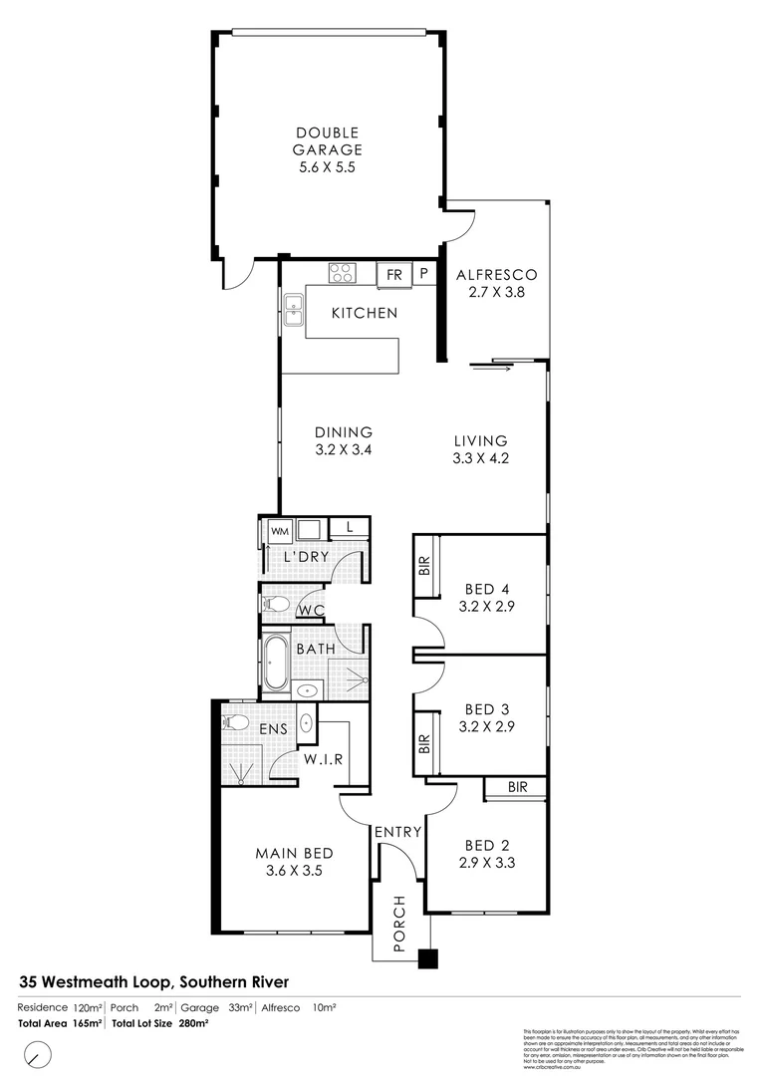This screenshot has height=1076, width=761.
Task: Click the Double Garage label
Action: pyautogui.click(x=327, y=150)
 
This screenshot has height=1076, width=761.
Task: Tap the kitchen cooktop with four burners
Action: pyautogui.click(x=342, y=273)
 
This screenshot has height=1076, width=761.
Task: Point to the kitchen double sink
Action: pyautogui.click(x=292, y=310)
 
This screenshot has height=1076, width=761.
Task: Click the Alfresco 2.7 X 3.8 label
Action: pyautogui.click(x=496, y=284)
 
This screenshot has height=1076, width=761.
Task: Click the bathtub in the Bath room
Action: pyautogui.click(x=276, y=664)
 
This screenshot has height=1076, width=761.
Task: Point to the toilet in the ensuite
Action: pyautogui.click(x=236, y=722)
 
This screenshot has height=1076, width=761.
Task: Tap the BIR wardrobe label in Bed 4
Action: pyautogui.click(x=424, y=566)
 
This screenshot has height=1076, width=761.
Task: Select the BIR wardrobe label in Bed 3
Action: pyautogui.click(x=424, y=742)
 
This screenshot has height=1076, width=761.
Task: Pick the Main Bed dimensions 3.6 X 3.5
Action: pyautogui.click(x=294, y=870)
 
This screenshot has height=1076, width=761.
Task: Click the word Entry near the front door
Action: pyautogui.click(x=398, y=832)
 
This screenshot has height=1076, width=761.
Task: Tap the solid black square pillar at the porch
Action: pyautogui.click(x=427, y=958)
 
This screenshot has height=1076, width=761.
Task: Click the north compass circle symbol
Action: pyautogui.click(x=39, y=1053)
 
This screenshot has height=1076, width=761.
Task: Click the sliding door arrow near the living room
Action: pyautogui.click(x=492, y=370)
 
